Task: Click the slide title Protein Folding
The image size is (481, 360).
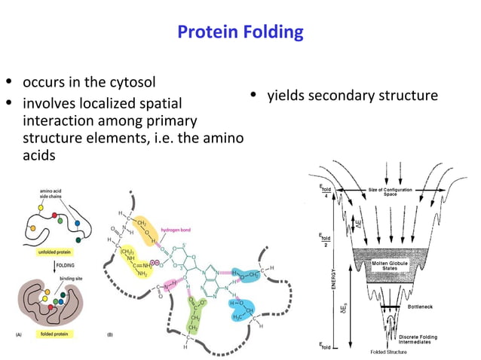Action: click(x=240, y=32)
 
